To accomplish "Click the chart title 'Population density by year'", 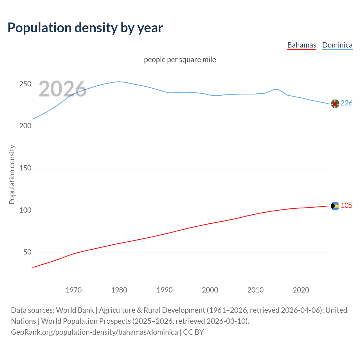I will pos(85,28).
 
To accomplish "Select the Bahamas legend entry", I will pos(301,45).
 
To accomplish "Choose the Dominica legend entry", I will pos(337,45).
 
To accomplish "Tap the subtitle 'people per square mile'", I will pos(180,60).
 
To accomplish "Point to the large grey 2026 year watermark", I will pos(62,89).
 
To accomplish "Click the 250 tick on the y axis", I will pos(25,84).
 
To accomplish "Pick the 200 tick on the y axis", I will pos(25,126).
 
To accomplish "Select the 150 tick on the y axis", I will pos(25,168).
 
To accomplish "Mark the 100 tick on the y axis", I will pos(25,210).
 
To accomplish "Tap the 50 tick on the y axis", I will pos(27,252).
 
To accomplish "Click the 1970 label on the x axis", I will pos(74,290).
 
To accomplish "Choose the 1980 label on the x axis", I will pos(119,290).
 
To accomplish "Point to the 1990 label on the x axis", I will pos(165,290).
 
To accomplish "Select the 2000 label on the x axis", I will pos(210,290).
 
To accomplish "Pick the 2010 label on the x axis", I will pos(255,290).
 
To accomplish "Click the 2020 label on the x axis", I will pos(301,290).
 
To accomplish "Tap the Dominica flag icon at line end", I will pos(335,104).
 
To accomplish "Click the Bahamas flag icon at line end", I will pos(335,206).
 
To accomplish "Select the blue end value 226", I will pos(346,103).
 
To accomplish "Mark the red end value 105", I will pos(346,206).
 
